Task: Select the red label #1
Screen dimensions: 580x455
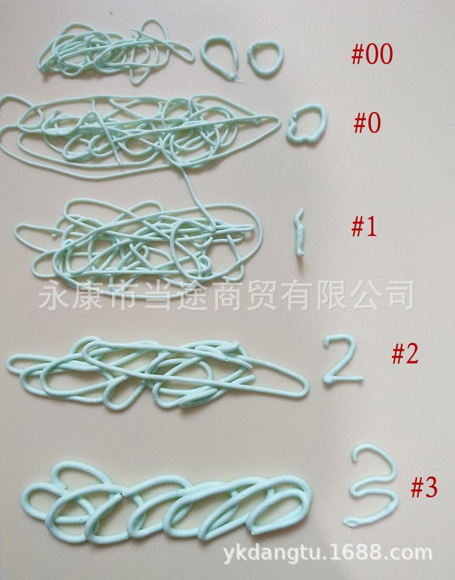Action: pos(364,227)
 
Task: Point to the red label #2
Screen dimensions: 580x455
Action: pos(404,354)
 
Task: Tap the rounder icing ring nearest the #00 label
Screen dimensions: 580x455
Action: pos(264,59)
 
